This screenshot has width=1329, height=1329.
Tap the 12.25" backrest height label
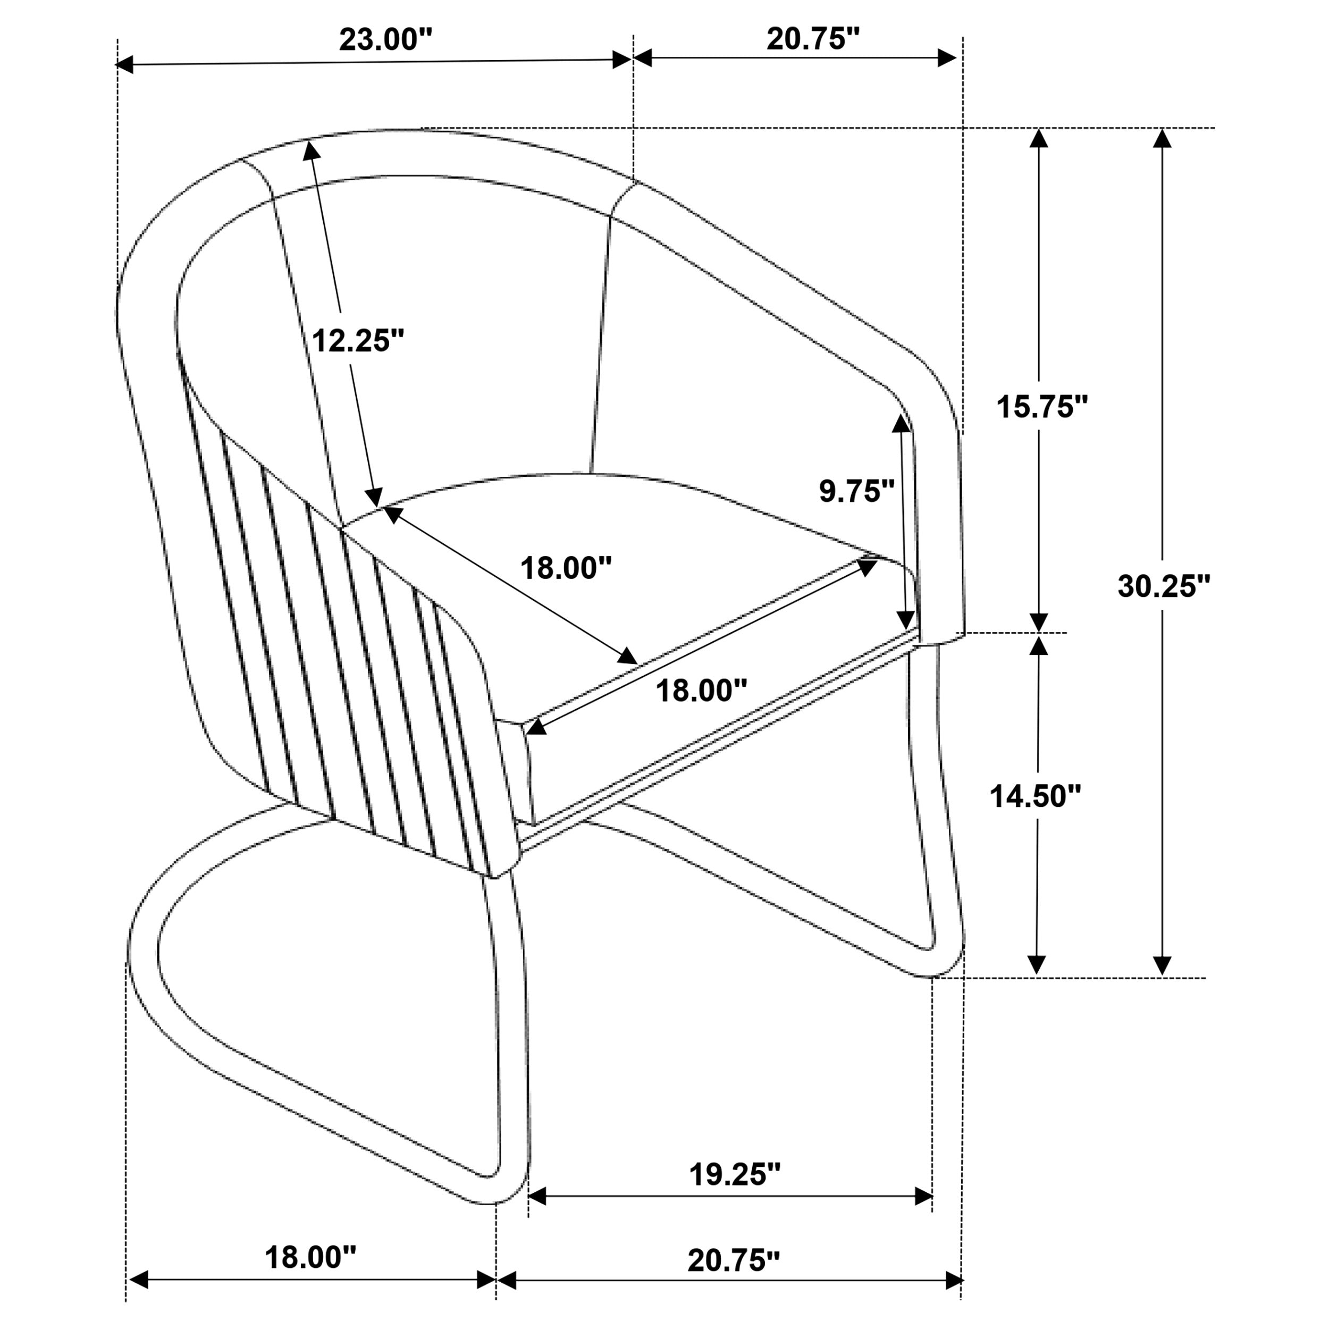358,340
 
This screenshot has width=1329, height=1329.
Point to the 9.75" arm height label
856,491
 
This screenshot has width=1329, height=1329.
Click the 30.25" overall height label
1164,586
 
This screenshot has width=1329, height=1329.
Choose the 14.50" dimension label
1035,796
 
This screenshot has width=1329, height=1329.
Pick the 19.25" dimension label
735,1175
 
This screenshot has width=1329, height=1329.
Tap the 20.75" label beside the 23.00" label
814,39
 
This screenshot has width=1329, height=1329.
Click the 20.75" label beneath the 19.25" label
734,1260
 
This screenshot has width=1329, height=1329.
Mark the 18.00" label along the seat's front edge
701,690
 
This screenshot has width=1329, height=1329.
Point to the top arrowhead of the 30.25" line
1162,139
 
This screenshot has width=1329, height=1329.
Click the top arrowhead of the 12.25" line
311,150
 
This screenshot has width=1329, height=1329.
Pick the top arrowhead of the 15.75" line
1039,139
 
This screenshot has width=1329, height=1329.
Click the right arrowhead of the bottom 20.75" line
954,1280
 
